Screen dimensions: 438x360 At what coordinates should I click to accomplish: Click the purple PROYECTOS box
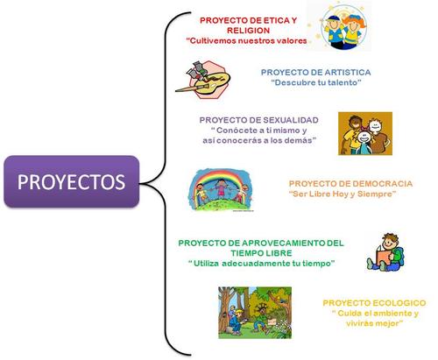[x=72, y=181]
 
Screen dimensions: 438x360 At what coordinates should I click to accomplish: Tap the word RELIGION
[x=248, y=31]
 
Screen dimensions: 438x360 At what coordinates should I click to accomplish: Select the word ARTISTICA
[x=348, y=72]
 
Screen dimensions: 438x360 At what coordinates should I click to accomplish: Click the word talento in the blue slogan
[x=343, y=82]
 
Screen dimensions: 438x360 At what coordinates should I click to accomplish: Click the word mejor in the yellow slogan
[x=386, y=323]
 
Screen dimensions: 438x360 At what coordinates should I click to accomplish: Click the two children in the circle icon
[x=343, y=28]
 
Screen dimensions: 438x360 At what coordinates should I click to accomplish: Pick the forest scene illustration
[x=255, y=313]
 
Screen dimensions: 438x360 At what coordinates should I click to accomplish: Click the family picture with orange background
[x=365, y=133]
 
